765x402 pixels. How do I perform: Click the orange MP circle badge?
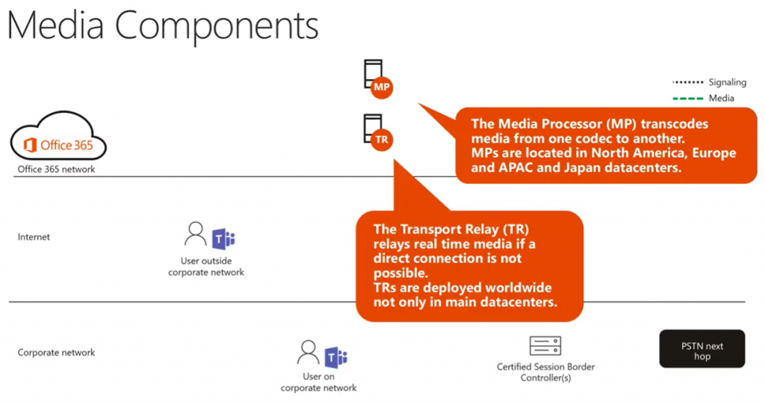pyautogui.click(x=381, y=88)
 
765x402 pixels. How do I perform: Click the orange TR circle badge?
pyautogui.click(x=381, y=139)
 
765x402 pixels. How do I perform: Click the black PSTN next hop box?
pyautogui.click(x=701, y=349)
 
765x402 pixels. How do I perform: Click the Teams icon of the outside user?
pyautogui.click(x=223, y=237)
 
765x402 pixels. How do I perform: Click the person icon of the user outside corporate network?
pyautogui.click(x=196, y=235)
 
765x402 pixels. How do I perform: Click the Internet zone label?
pyautogui.click(x=34, y=237)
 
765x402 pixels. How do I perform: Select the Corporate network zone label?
pyautogui.click(x=57, y=352)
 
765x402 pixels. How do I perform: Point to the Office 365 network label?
pyautogui.click(x=57, y=170)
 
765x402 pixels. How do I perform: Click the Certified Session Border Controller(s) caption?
pyautogui.click(x=545, y=372)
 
